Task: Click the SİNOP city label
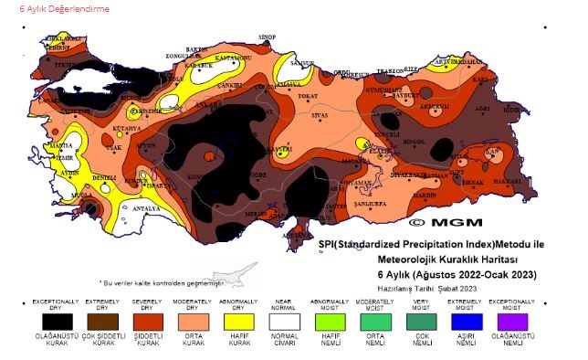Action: tap(268, 37)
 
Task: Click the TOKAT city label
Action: tap(308, 95)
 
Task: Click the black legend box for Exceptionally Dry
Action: tap(58, 321)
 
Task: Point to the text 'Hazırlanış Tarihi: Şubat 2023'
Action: tap(427, 288)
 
